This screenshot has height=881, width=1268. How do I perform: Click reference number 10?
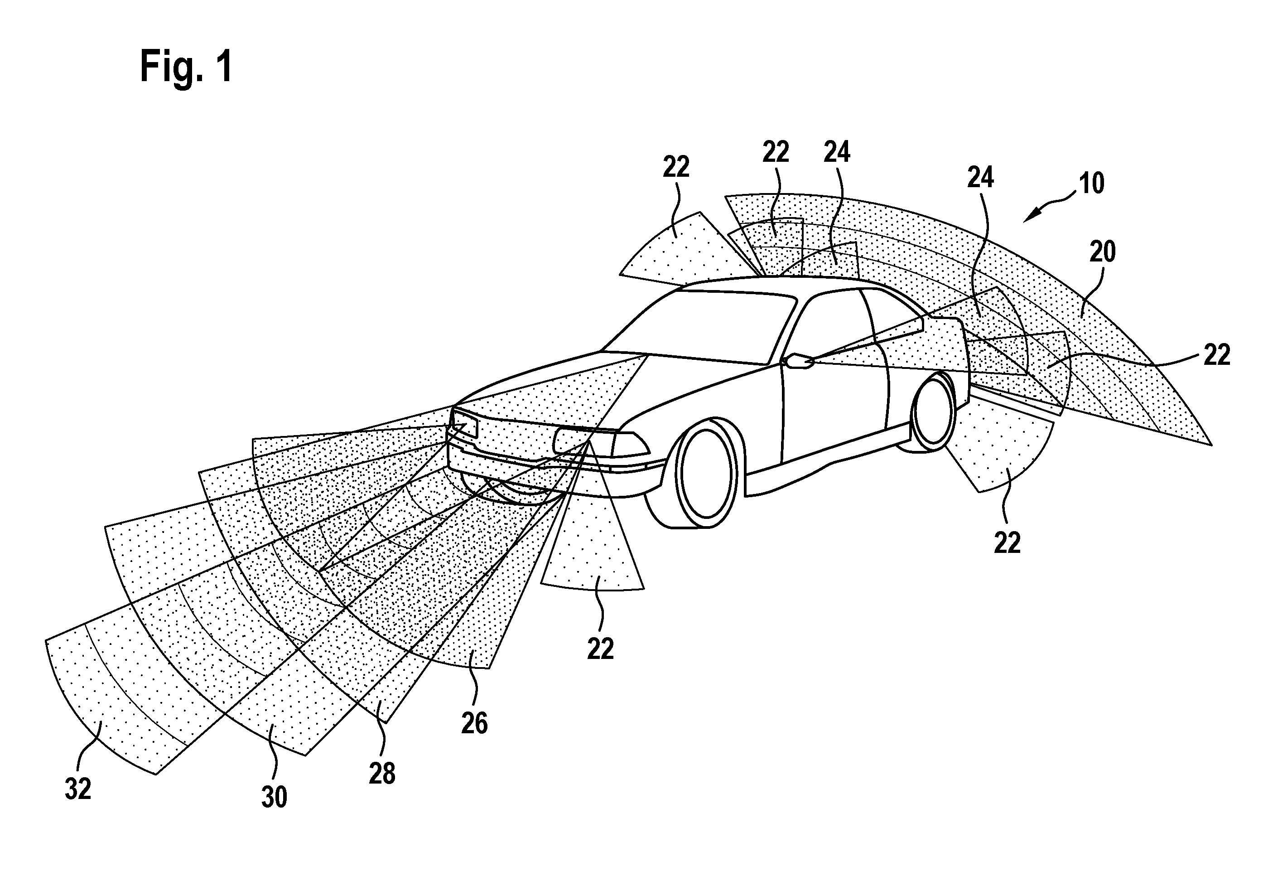1091,183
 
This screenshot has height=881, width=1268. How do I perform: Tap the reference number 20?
1102,252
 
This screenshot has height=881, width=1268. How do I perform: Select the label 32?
78,789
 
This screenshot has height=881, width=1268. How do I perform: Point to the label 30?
274,797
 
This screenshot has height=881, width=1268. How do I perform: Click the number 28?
382,774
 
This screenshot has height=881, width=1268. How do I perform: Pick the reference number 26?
474,723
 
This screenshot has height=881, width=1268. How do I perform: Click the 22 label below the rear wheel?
1007,542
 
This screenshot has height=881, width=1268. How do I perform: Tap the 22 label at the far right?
1217,355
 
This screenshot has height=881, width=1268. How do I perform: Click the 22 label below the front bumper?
600,649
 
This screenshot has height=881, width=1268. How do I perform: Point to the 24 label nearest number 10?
980,178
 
